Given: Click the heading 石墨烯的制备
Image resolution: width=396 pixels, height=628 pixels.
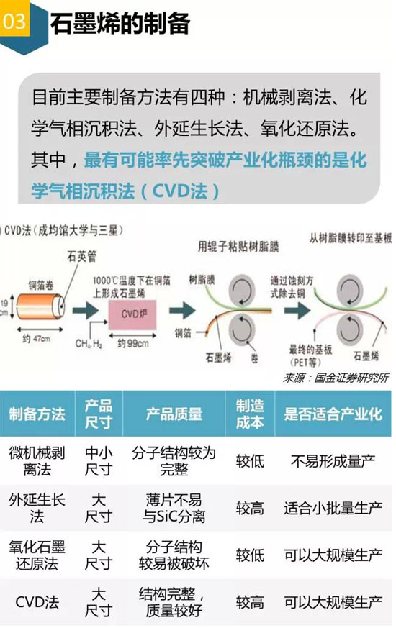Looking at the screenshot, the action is point(120,24).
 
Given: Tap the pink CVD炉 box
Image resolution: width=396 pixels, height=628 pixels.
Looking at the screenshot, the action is point(132,314).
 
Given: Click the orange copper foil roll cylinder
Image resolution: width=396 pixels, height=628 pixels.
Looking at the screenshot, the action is point(40,306).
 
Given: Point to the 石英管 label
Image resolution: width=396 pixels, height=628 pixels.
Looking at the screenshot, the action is point(82,256).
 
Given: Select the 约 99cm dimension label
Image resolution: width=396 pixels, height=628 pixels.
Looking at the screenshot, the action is point(132,343).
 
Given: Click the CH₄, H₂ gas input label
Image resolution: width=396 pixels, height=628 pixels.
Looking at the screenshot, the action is point(89,344).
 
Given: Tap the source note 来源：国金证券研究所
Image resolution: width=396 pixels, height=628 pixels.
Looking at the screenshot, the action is point(336,378).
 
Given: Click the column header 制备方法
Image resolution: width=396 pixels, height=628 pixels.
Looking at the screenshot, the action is point(37,414).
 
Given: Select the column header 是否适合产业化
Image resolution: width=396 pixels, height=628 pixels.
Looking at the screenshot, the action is point(333,414).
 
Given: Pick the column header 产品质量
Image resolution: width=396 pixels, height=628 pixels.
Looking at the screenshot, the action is point(174,414).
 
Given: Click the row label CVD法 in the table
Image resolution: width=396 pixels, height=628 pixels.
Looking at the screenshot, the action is point(37,601).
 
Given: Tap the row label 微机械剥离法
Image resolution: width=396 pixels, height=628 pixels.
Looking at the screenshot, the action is point(37,461).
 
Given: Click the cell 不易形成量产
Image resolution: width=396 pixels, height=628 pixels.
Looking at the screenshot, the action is point(333,461).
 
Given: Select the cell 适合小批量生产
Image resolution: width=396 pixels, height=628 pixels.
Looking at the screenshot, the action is point(333,508).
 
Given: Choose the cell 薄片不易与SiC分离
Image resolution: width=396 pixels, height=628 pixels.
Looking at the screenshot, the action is point(174,508).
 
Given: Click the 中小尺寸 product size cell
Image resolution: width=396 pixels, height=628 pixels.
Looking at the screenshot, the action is point(99,461).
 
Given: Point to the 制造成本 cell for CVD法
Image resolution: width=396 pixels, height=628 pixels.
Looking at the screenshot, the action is point(250,601).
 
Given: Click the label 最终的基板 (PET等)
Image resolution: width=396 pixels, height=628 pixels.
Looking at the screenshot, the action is point(310,355).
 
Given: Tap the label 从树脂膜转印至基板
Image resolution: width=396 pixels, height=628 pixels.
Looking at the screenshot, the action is point(351,238).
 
